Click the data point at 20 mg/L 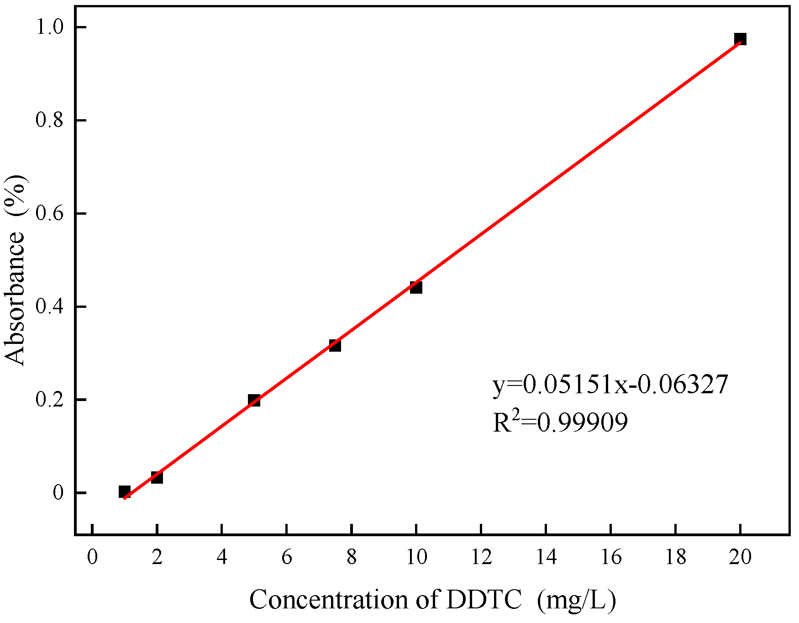[740, 39]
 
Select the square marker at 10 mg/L [415, 287]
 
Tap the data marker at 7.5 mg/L [335, 345]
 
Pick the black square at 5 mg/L [254, 400]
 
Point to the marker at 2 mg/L [157, 477]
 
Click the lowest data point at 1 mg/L [124, 491]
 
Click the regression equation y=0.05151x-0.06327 [610, 385]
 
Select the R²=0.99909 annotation [560, 422]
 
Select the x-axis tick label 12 [481, 557]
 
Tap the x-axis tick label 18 [675, 557]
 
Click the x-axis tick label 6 [286, 557]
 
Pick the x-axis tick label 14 [546, 557]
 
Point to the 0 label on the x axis [92, 557]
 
